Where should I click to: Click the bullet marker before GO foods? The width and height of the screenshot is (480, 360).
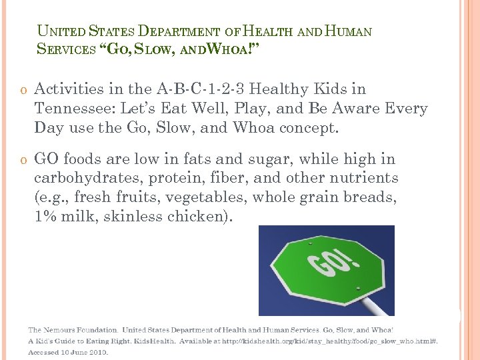[x=23, y=160]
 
